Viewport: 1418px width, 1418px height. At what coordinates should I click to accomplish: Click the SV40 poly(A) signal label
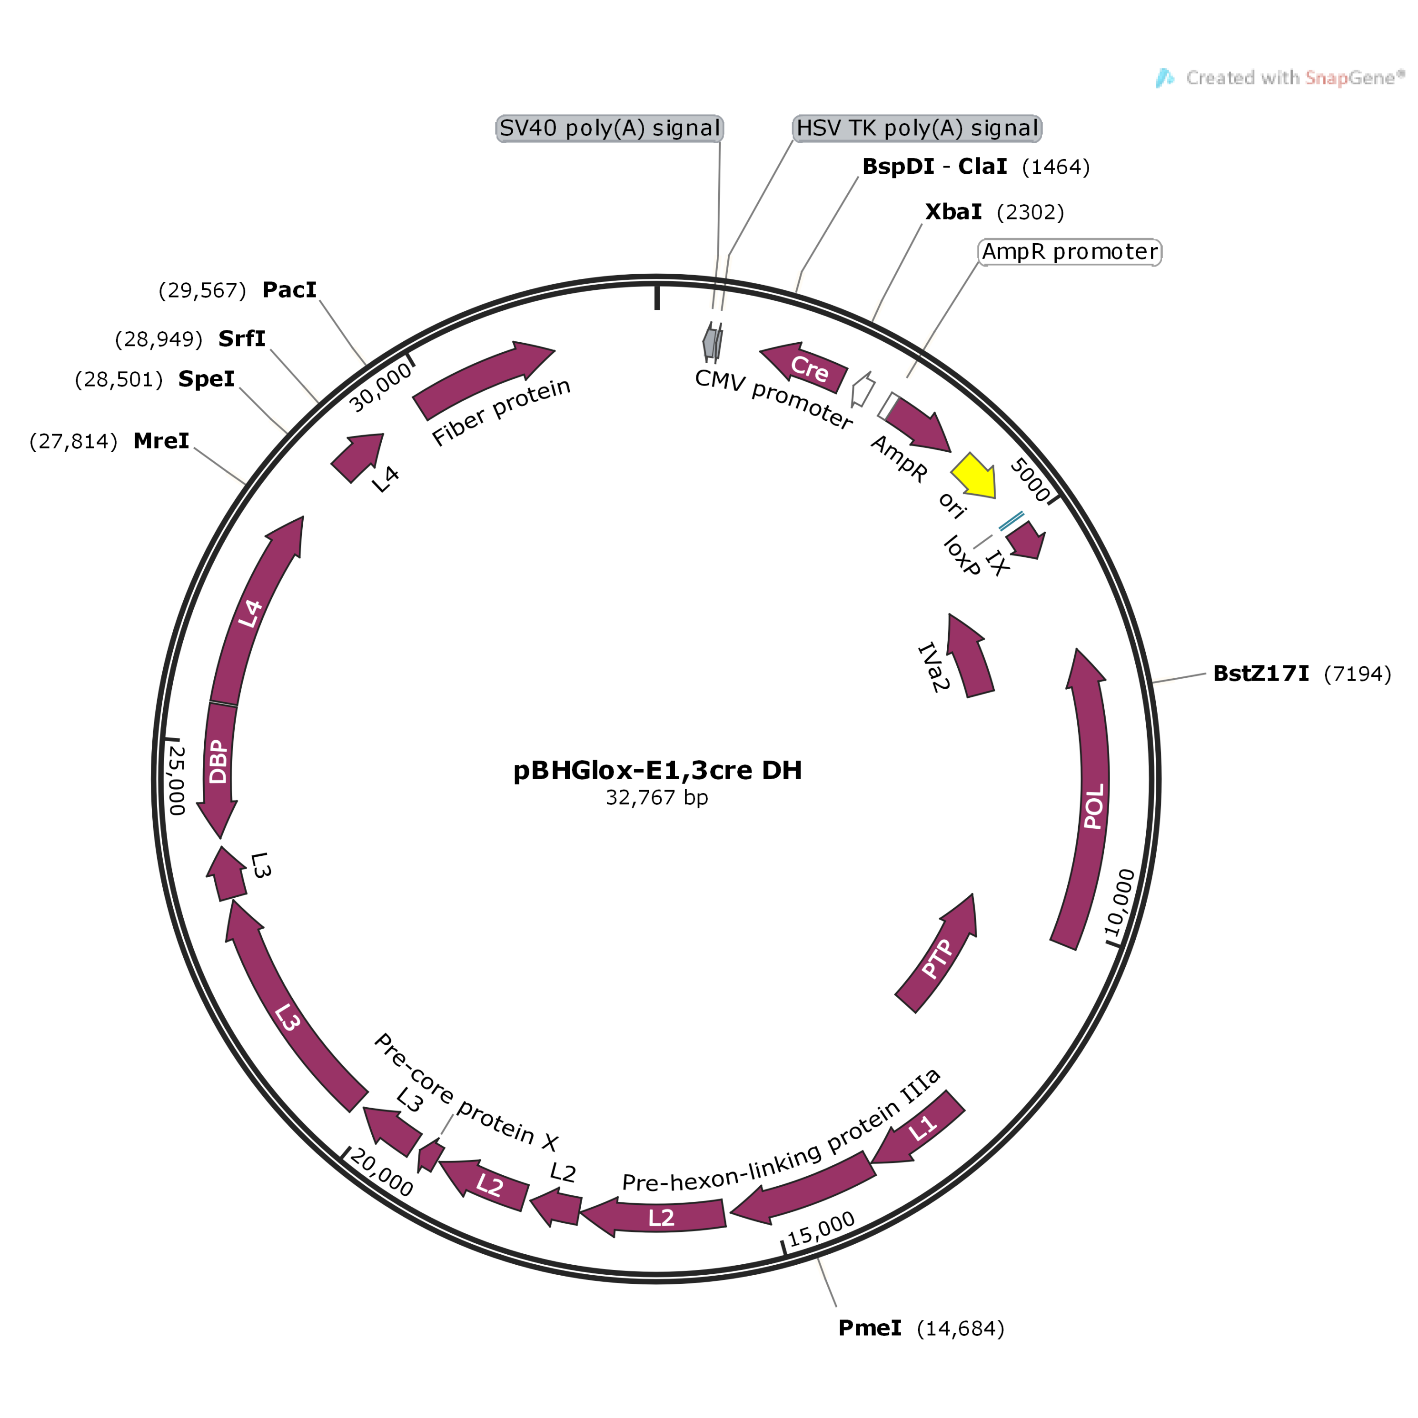[x=609, y=129]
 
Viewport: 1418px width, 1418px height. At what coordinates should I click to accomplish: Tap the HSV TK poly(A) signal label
[x=917, y=129]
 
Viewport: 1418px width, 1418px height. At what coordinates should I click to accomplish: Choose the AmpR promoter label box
[x=1070, y=252]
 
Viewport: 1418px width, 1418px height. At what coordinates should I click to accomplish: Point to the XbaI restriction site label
[x=952, y=212]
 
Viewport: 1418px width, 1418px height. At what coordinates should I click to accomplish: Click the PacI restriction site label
[x=289, y=290]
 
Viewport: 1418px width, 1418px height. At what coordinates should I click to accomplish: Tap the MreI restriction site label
[x=161, y=441]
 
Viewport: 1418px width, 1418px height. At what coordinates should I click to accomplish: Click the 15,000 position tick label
[x=821, y=1229]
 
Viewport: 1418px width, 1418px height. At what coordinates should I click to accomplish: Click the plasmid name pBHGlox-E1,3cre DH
[x=657, y=770]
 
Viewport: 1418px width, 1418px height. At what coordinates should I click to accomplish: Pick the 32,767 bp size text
[x=657, y=798]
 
